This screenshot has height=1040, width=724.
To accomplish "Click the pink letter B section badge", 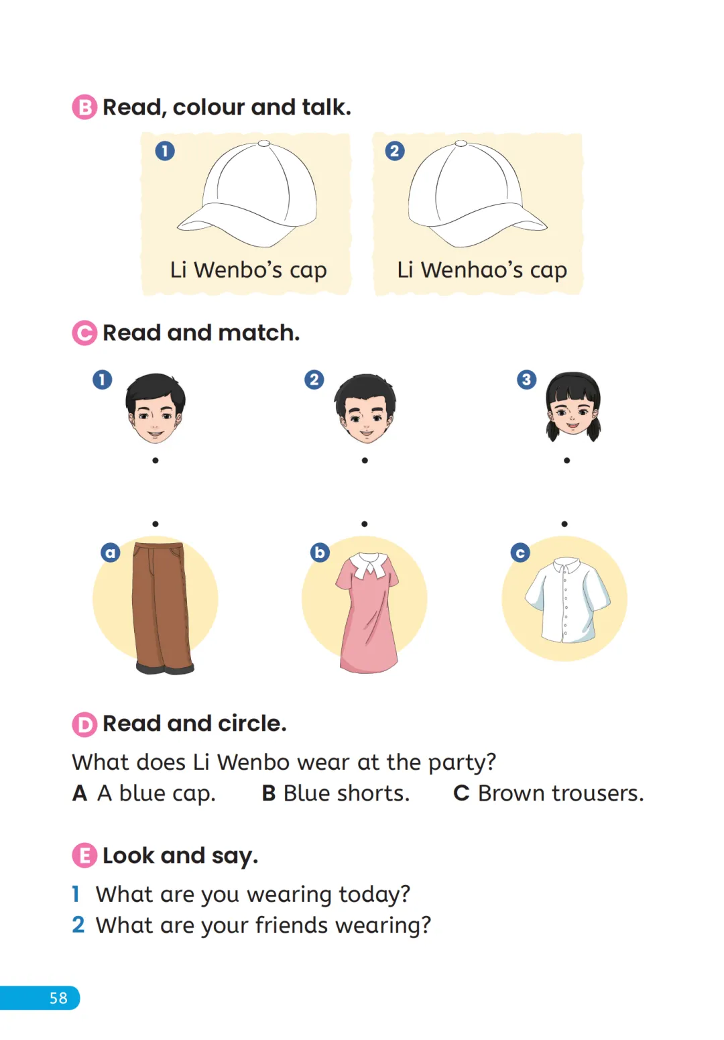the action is tap(84, 107).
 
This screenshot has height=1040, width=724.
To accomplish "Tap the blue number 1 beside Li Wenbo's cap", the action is tap(165, 151).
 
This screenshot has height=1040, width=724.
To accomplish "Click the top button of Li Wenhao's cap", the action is tap(461, 143).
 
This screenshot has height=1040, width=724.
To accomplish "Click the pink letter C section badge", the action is tap(84, 333).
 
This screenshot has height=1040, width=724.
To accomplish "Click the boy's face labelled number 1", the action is tap(156, 408).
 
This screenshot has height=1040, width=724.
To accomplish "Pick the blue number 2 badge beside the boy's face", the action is tap(314, 380).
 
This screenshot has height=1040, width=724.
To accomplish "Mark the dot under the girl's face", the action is tap(566, 461).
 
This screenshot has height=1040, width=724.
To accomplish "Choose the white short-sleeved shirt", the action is tap(567, 600).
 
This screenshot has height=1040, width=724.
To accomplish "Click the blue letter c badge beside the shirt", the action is tap(520, 553).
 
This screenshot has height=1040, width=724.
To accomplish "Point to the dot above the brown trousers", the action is tap(156, 524).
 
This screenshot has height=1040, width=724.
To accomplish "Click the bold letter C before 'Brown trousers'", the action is tap(461, 793).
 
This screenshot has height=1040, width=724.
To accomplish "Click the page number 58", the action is tap(58, 998).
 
